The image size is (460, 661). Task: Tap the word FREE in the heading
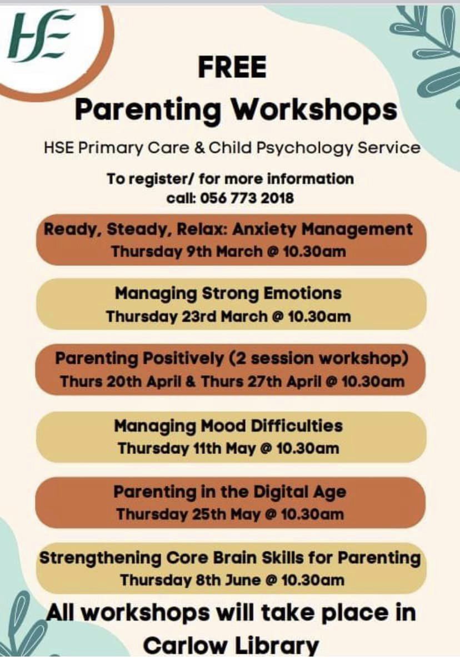coord(232,68)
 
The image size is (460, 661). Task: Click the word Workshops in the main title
coord(314,109)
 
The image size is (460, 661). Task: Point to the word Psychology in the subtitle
coord(325,148)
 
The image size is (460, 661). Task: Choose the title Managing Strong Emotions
coord(228,293)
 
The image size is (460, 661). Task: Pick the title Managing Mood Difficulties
coord(228,426)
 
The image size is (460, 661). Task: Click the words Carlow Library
coord(231,645)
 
